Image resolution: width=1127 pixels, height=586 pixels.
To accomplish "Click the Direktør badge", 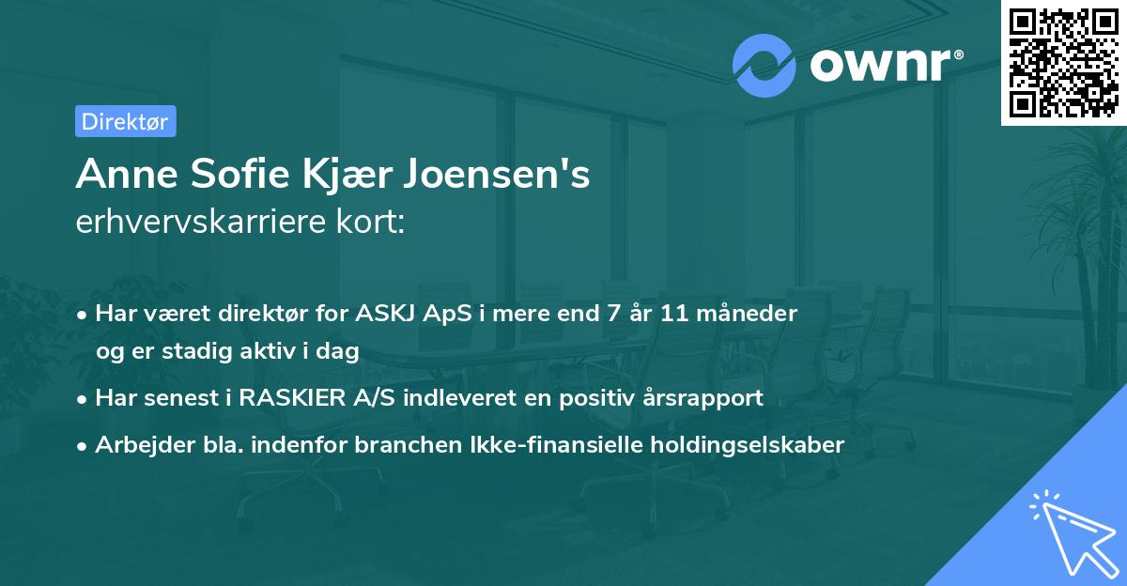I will coord(125,121).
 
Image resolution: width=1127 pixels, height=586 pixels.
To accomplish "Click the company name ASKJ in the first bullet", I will coord(386,314).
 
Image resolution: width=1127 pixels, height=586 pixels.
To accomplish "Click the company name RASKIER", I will coord(292,397).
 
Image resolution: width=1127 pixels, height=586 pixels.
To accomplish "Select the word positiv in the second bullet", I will coord(591,397).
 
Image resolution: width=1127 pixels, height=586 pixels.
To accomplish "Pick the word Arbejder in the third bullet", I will coord(137,444).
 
